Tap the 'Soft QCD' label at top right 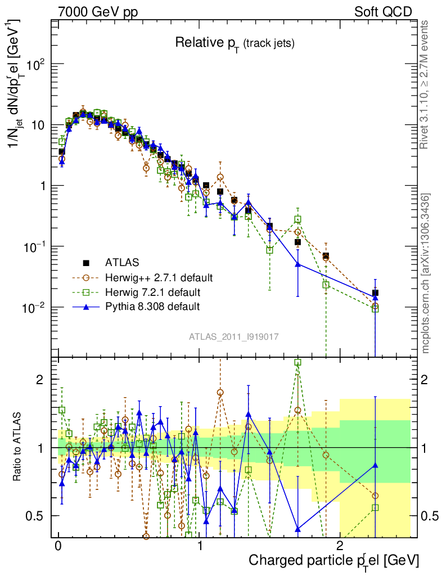tap(383, 11)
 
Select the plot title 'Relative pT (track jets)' tap(234, 42)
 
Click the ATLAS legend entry tap(121, 262)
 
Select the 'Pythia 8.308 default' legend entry tap(152, 307)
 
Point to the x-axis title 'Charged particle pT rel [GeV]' tap(333, 561)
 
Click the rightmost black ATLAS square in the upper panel tap(375, 293)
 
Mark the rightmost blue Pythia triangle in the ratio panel tap(375, 465)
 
